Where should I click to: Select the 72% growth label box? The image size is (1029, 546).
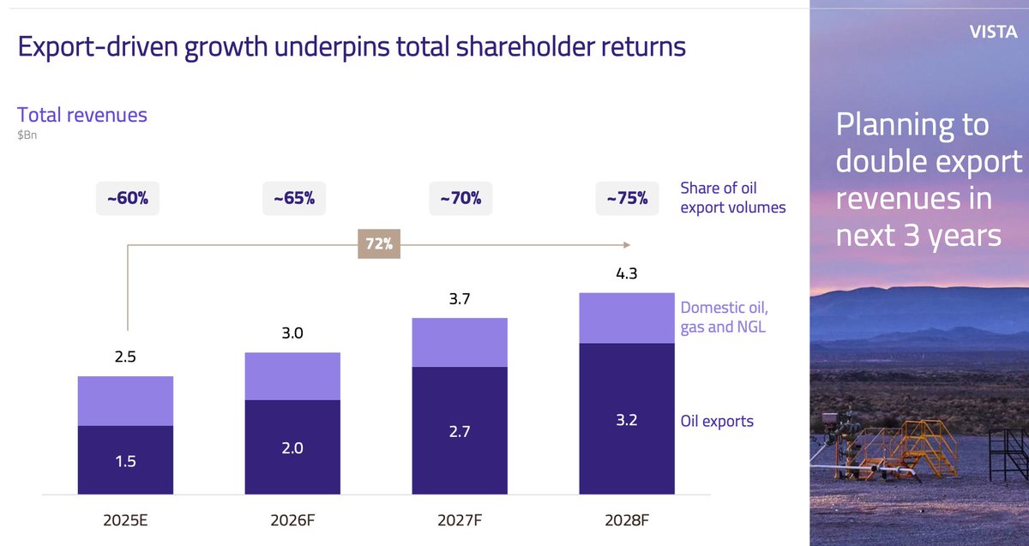click(378, 244)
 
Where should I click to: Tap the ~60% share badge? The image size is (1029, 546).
click(127, 199)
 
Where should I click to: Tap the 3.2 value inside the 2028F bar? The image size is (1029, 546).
click(626, 421)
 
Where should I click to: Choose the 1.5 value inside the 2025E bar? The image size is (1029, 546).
click(126, 461)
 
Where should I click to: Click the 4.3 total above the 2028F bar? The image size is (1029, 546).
click(626, 276)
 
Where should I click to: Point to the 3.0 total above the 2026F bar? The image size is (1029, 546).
click(292, 334)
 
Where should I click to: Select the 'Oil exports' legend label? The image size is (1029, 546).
click(717, 421)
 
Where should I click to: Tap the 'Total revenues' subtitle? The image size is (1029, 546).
click(82, 115)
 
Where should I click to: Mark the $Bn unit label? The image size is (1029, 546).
click(27, 135)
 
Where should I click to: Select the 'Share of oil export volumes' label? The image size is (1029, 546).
click(732, 198)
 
